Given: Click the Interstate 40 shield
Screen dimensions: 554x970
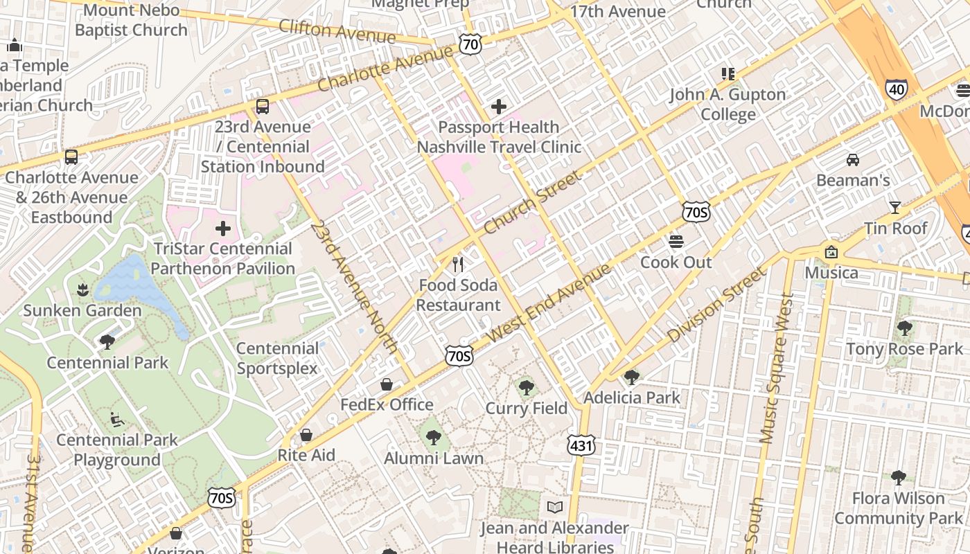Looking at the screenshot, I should (x=896, y=89).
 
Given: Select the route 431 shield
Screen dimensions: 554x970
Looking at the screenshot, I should (x=581, y=445).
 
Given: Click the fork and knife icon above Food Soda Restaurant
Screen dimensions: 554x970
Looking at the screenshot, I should (x=457, y=265).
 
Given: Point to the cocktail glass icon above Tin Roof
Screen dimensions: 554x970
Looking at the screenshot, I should (x=894, y=208).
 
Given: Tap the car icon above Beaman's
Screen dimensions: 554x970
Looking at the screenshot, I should (x=853, y=160).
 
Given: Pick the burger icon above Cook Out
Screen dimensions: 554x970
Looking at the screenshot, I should (x=676, y=242).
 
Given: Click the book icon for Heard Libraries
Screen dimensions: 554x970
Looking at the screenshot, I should (x=554, y=508).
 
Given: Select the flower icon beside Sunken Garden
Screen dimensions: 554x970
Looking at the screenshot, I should (x=82, y=289).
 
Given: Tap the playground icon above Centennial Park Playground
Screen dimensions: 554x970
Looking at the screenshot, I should (x=116, y=419).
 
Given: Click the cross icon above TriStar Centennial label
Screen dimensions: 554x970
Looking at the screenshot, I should (x=223, y=228).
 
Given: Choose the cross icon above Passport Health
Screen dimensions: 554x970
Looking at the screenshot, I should (x=498, y=107).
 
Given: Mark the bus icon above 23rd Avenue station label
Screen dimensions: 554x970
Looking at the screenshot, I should (x=262, y=107).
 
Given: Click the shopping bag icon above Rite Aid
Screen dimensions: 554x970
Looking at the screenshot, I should (x=306, y=435).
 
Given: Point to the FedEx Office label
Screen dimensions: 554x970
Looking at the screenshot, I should (x=387, y=404).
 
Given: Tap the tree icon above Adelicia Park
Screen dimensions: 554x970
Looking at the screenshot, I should (x=631, y=377).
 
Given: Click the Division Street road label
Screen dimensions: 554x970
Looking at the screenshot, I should (x=717, y=305).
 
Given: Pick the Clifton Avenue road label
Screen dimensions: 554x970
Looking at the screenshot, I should (x=337, y=31).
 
